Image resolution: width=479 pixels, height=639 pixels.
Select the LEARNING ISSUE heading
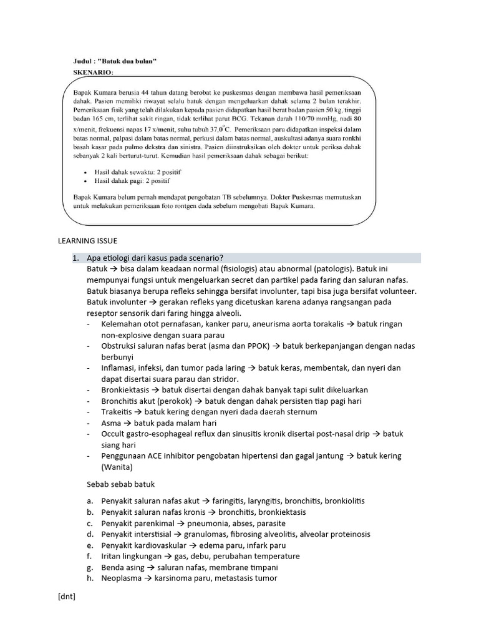(x=87, y=240)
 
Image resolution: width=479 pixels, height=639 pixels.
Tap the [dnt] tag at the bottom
(x=66, y=597)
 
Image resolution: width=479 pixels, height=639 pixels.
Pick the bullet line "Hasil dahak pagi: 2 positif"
(x=132, y=180)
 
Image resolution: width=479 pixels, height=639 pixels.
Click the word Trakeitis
(x=116, y=412)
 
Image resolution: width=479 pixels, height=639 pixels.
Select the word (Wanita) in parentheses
(x=118, y=467)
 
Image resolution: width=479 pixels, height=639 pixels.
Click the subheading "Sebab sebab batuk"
(x=120, y=484)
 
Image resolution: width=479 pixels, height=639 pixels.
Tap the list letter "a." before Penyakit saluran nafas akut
(x=90, y=500)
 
